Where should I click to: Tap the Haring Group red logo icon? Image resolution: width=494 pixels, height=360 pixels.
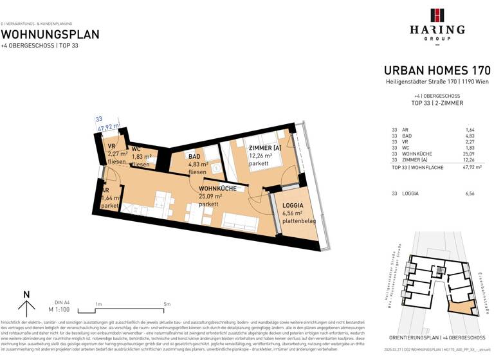pos(437,15)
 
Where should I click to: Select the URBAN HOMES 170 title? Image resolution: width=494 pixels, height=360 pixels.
pos(437,71)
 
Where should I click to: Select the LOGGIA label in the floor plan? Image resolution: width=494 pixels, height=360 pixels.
pos(293,205)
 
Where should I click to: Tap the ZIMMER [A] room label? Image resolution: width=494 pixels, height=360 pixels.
pos(264,148)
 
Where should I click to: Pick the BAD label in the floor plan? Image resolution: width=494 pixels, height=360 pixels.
pos(194,156)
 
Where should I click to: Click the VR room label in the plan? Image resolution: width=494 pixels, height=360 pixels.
pos(111,147)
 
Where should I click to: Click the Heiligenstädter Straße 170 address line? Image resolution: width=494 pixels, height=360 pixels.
pos(437,82)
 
